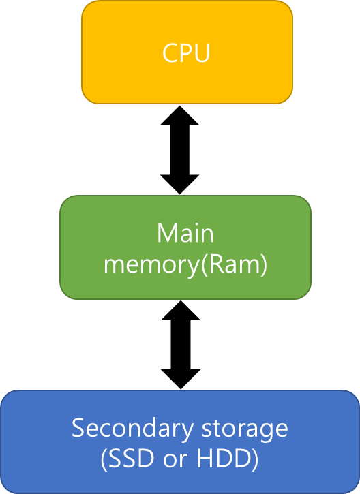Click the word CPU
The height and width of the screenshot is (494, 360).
pyautogui.click(x=186, y=53)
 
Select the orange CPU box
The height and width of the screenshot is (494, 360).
pyautogui.click(x=187, y=52)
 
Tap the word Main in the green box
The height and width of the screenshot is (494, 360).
pyautogui.click(x=185, y=233)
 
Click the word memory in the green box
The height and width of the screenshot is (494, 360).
pyautogui.click(x=152, y=266)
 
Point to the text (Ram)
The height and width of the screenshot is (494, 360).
pyautogui.click(x=234, y=265)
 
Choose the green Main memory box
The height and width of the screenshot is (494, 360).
pyautogui.click(x=185, y=247)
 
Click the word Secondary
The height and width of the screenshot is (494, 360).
pyautogui.click(x=132, y=429)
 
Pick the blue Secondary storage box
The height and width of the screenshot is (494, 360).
pyautogui.click(x=180, y=442)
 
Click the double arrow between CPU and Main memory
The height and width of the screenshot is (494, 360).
pyautogui.click(x=180, y=150)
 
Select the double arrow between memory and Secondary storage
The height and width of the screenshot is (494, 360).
pyautogui.click(x=181, y=345)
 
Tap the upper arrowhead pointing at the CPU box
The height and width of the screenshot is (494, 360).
pyautogui.click(x=180, y=115)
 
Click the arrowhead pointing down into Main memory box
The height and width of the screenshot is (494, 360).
pyautogui.click(x=180, y=184)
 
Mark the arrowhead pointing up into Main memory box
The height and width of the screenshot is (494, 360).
pyautogui.click(x=181, y=310)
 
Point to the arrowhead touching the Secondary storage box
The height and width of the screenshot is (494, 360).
pyautogui.click(x=181, y=380)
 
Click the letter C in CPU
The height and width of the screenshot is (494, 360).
pyautogui.click(x=170, y=53)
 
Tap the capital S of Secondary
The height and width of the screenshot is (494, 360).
pyautogui.click(x=78, y=428)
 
